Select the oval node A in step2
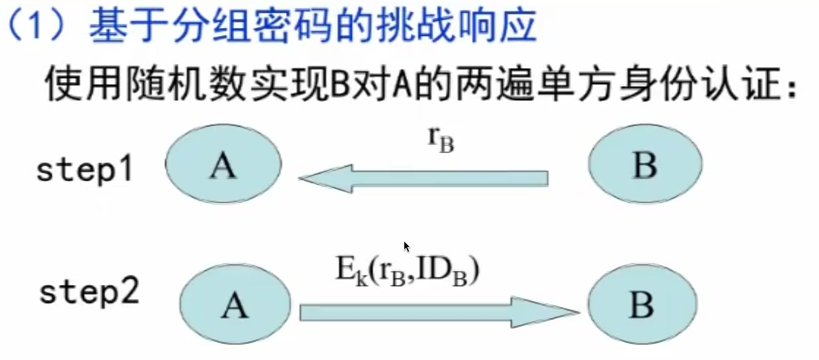point(235,305)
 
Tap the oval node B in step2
point(641,305)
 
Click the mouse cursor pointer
point(407,246)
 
